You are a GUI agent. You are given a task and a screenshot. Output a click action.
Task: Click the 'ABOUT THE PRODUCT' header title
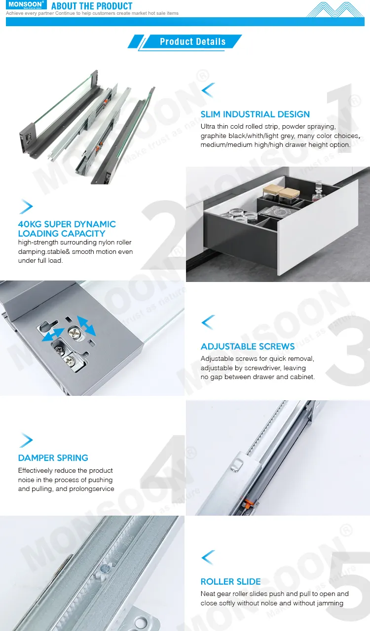[x=92, y=6]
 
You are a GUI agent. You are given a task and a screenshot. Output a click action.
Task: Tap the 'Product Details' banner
[x=192, y=42]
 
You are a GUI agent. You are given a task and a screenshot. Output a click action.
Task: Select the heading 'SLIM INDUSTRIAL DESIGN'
[x=255, y=114]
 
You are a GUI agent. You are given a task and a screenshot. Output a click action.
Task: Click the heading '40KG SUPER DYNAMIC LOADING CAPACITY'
[x=67, y=229]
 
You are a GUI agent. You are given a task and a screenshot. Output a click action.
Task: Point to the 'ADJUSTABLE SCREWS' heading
[x=248, y=347]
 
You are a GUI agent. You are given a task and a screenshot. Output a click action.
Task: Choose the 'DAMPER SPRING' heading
[x=53, y=458]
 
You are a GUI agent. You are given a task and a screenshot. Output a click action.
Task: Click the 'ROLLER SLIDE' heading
[x=231, y=582]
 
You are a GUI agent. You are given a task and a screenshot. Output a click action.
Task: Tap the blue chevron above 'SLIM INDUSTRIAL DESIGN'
[x=208, y=90]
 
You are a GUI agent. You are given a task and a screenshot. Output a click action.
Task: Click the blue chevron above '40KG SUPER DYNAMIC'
[x=26, y=207]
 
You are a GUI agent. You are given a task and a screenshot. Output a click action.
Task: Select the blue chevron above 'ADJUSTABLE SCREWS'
[x=208, y=322]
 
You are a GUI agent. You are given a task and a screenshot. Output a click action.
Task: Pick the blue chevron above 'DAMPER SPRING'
[x=26, y=440]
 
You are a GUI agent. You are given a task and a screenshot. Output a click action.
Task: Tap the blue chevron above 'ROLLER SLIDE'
[x=208, y=557]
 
